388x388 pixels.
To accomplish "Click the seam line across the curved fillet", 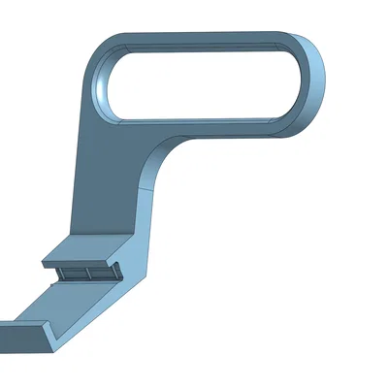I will coord(145,189).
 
